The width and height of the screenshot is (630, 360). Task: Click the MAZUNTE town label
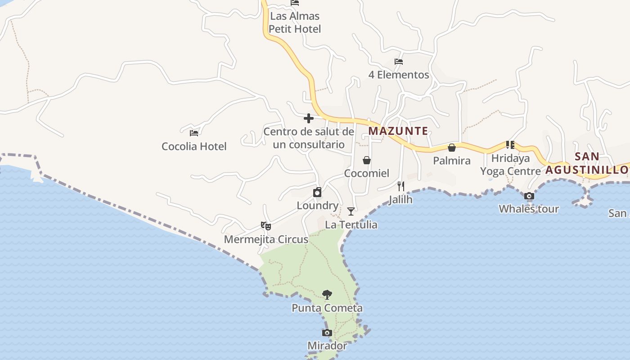[398, 131]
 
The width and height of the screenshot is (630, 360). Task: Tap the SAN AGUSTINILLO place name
[587, 163]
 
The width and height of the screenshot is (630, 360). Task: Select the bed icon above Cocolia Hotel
[194, 133]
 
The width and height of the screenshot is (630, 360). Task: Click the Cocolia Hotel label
[194, 146]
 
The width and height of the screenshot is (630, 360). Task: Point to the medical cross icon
[309, 118]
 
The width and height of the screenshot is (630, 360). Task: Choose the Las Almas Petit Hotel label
[295, 22]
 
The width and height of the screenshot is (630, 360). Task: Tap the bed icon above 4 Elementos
[399, 62]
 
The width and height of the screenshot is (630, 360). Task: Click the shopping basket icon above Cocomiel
[367, 160]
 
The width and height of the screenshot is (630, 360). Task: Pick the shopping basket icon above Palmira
[452, 148]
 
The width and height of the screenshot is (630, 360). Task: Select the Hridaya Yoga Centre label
[510, 165]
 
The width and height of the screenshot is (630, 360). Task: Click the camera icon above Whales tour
[529, 196]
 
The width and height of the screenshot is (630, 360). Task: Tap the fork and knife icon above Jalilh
[400, 186]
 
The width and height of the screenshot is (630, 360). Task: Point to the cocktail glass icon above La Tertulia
[351, 211]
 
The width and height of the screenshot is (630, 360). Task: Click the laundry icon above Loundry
[317, 193]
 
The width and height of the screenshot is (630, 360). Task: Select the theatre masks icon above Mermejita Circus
[266, 226]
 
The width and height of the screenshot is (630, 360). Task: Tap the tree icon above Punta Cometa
[327, 295]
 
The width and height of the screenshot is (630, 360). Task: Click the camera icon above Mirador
[327, 333]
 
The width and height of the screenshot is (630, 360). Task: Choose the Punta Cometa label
[327, 308]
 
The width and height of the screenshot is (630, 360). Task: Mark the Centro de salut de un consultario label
[309, 138]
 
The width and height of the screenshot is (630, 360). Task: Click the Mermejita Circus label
[266, 239]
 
